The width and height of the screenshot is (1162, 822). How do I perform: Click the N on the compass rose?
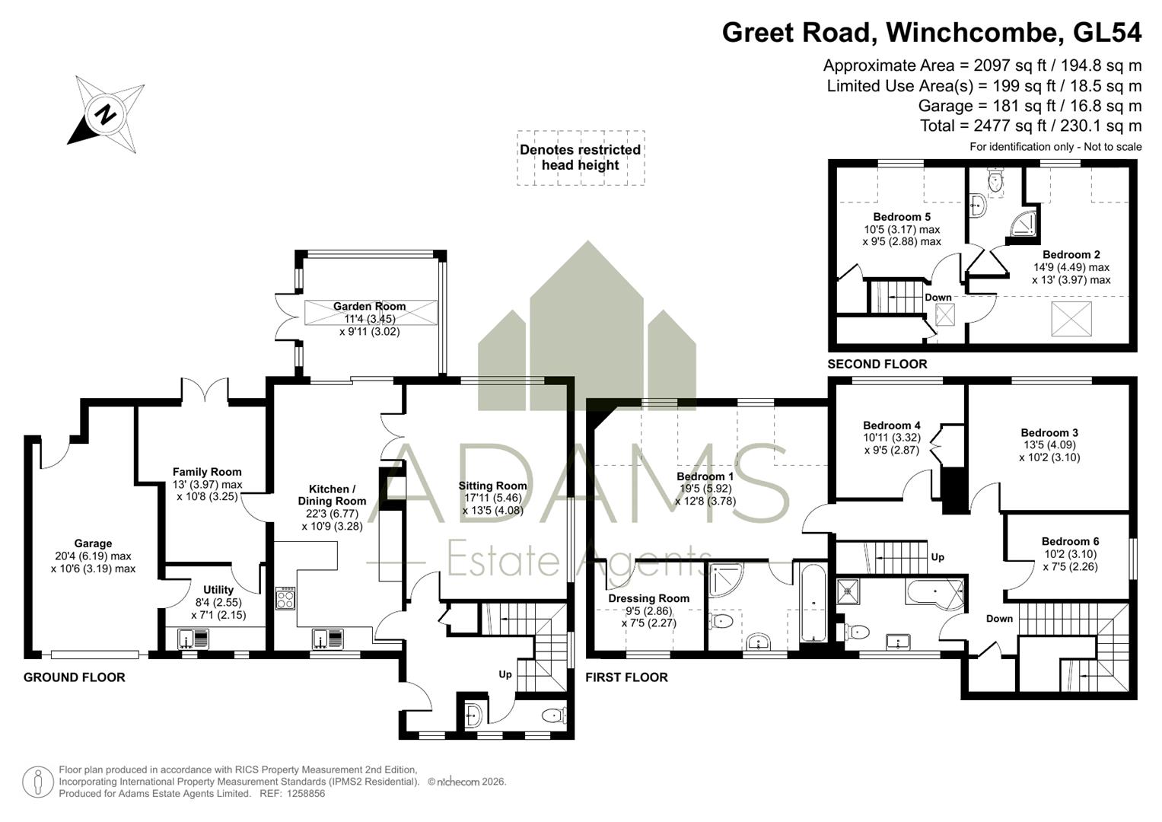(106, 113)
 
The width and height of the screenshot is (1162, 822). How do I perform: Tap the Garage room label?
(93, 543)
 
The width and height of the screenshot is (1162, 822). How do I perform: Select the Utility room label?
(218, 590)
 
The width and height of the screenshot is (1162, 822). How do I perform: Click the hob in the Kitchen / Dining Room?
(285, 597)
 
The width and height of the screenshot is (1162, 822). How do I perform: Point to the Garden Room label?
(369, 306)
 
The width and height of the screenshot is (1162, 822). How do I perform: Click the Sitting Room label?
(492, 486)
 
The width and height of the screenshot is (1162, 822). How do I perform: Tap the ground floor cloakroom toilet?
(554, 716)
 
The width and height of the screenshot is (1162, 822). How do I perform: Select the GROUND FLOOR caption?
(74, 677)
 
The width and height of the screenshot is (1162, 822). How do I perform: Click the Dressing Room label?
(648, 598)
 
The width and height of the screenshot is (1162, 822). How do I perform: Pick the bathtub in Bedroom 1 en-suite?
(813, 604)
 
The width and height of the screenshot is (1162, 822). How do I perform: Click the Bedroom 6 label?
(1070, 541)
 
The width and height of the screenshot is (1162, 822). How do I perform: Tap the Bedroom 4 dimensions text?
(892, 444)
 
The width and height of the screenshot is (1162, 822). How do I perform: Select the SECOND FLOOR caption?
(877, 364)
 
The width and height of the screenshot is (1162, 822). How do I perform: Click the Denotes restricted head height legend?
(581, 158)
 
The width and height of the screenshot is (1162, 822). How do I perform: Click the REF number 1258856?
(307, 793)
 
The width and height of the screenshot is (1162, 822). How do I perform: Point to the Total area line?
(1031, 126)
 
